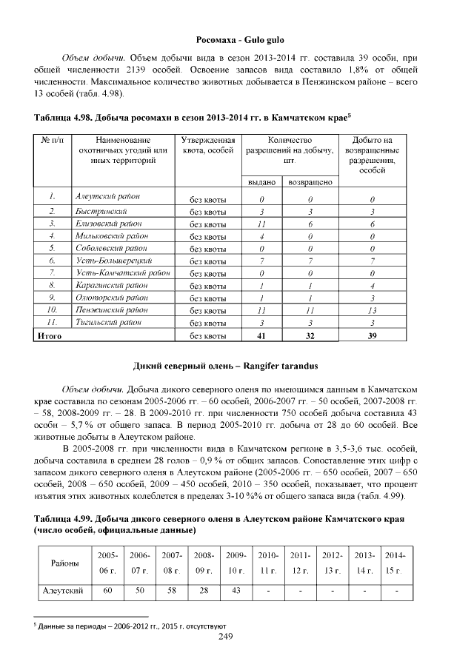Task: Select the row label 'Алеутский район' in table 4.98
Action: click(x=108, y=197)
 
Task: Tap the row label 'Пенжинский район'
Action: click(x=111, y=309)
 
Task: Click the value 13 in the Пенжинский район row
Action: click(x=372, y=310)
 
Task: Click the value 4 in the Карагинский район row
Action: click(x=372, y=285)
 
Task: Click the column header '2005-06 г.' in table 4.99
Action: click(x=107, y=563)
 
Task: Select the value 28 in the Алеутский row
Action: click(x=204, y=591)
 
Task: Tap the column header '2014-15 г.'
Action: click(x=395, y=563)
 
